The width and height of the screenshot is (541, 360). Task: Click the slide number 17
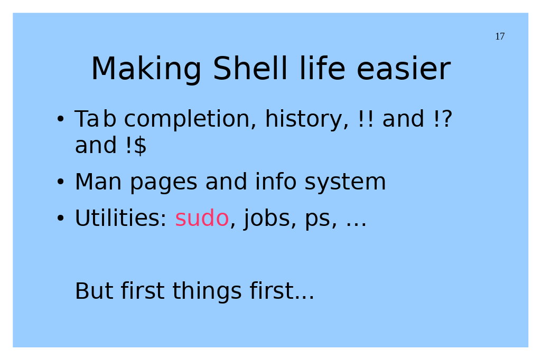click(x=500, y=36)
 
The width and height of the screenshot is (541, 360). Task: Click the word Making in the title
click(x=146, y=69)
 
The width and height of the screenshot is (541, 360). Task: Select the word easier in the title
click(x=403, y=69)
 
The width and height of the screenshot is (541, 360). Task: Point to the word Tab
click(x=95, y=119)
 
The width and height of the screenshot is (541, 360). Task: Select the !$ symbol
click(x=136, y=145)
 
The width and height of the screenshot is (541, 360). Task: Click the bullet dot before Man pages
click(x=60, y=182)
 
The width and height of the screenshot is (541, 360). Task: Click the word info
click(x=276, y=182)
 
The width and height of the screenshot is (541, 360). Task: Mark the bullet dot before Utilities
click(x=60, y=218)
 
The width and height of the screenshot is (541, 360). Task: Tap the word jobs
click(x=267, y=219)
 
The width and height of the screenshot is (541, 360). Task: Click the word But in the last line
click(x=94, y=291)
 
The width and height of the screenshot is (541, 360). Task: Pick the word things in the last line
click(x=207, y=291)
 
